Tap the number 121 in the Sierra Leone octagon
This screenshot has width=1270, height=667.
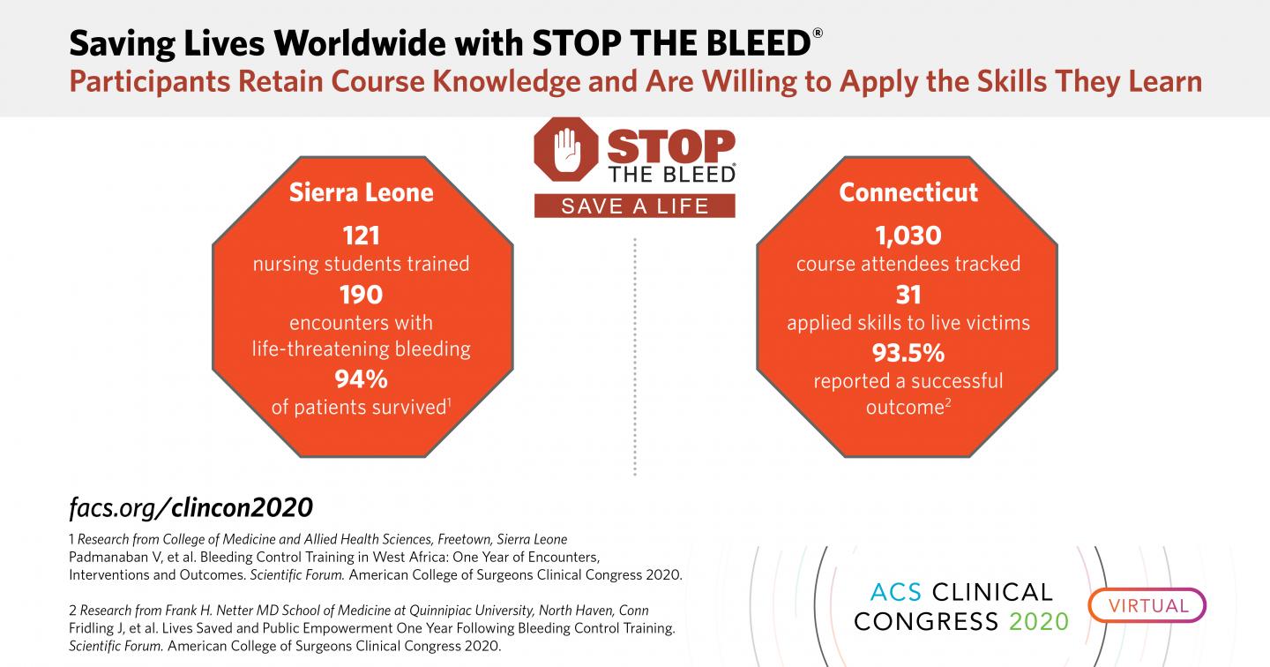(362, 236)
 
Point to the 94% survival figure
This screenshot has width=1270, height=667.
(362, 379)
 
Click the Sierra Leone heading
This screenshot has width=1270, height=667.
(362, 192)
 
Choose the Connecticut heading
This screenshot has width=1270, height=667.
(908, 192)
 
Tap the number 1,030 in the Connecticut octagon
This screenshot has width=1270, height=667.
(908, 236)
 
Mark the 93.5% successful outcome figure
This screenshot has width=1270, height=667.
(908, 353)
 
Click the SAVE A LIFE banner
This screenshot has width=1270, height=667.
(635, 206)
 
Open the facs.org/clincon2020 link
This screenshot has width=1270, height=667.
(190, 507)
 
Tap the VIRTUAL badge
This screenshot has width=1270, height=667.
(1147, 605)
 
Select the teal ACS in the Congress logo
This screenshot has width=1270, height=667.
(892, 591)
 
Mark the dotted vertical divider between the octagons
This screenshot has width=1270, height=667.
(635, 353)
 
